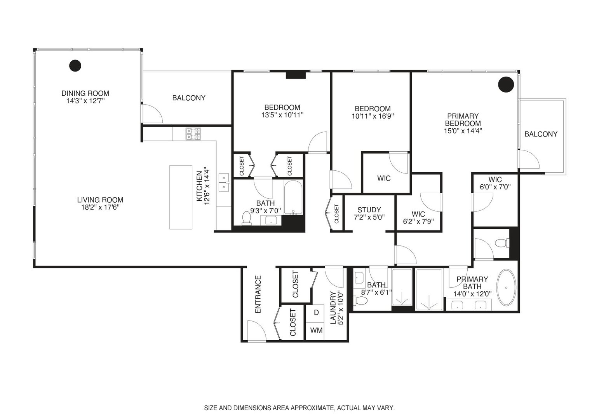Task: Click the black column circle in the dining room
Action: (75, 66)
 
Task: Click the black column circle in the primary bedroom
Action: (506, 84)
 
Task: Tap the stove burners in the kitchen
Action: (193, 134)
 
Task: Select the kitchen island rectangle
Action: (181, 197)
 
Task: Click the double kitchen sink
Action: (224, 182)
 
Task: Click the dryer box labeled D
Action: (316, 313)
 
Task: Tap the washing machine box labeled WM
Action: (316, 331)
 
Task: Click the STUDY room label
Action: (369, 210)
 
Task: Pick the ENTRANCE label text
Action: (258, 294)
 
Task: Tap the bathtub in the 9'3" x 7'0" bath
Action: (293, 198)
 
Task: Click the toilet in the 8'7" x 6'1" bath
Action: (360, 301)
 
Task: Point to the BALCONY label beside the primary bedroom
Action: (541, 134)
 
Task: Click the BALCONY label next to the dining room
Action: (189, 98)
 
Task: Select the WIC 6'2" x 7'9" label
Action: (418, 218)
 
